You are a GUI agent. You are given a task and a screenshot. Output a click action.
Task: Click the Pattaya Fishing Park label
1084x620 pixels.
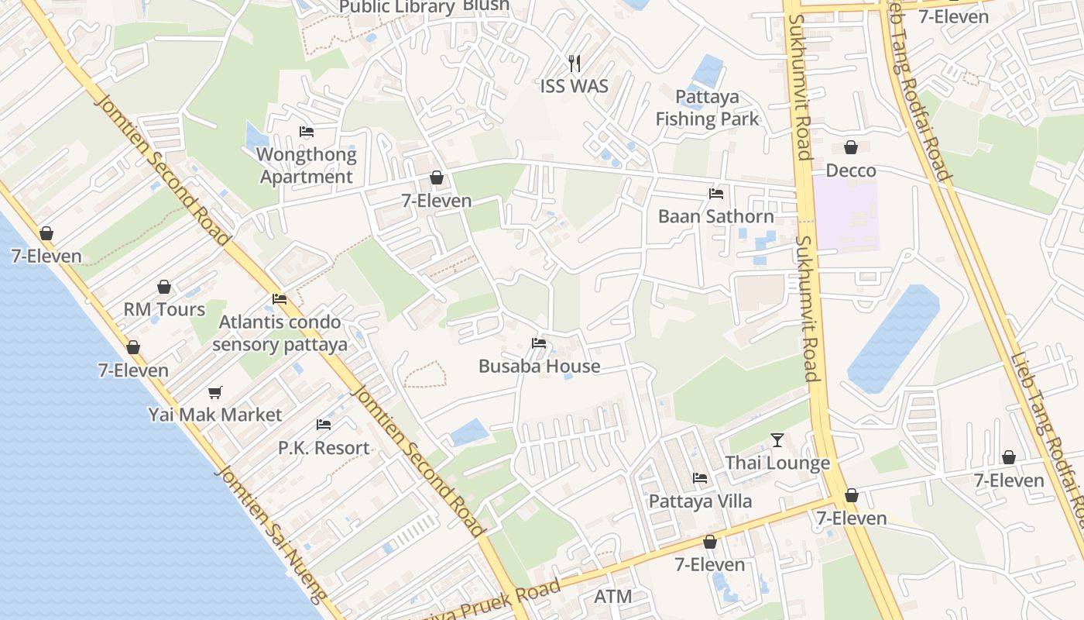[x=707, y=108]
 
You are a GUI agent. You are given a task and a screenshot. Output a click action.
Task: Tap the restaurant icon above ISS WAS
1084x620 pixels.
[x=574, y=62]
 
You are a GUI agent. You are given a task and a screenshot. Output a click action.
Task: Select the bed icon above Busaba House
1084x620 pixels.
[x=539, y=343]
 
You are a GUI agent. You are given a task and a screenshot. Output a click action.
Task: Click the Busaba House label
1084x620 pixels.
[x=539, y=366]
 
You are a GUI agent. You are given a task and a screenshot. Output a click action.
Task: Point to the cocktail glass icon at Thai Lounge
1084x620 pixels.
[x=777, y=440]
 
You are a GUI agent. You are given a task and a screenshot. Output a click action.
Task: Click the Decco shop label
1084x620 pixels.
[x=851, y=170]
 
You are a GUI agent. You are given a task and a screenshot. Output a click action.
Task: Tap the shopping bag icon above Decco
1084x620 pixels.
[x=851, y=147]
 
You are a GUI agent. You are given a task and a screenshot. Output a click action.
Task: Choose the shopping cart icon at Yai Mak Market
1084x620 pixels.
[x=214, y=392]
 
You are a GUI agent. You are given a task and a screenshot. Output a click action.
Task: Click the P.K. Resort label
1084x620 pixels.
[x=324, y=448]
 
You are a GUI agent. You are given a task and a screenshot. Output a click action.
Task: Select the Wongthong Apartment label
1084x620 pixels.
[x=307, y=165]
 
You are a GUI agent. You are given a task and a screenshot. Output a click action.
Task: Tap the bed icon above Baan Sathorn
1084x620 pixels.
[x=716, y=194]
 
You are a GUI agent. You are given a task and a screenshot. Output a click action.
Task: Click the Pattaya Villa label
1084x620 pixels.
[x=700, y=501]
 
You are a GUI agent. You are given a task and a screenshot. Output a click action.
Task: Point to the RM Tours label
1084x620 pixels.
[x=164, y=309]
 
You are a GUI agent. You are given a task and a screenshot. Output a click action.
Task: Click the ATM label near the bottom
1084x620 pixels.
[x=613, y=597]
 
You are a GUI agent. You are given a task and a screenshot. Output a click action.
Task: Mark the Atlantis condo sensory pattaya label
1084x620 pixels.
[x=280, y=332]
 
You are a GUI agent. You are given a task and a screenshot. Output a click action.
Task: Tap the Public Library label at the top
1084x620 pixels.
[x=397, y=7]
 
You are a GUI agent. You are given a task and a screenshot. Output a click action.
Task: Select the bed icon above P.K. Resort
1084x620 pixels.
[x=324, y=425]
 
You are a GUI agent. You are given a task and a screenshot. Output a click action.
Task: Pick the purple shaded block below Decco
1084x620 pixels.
[x=846, y=214]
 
